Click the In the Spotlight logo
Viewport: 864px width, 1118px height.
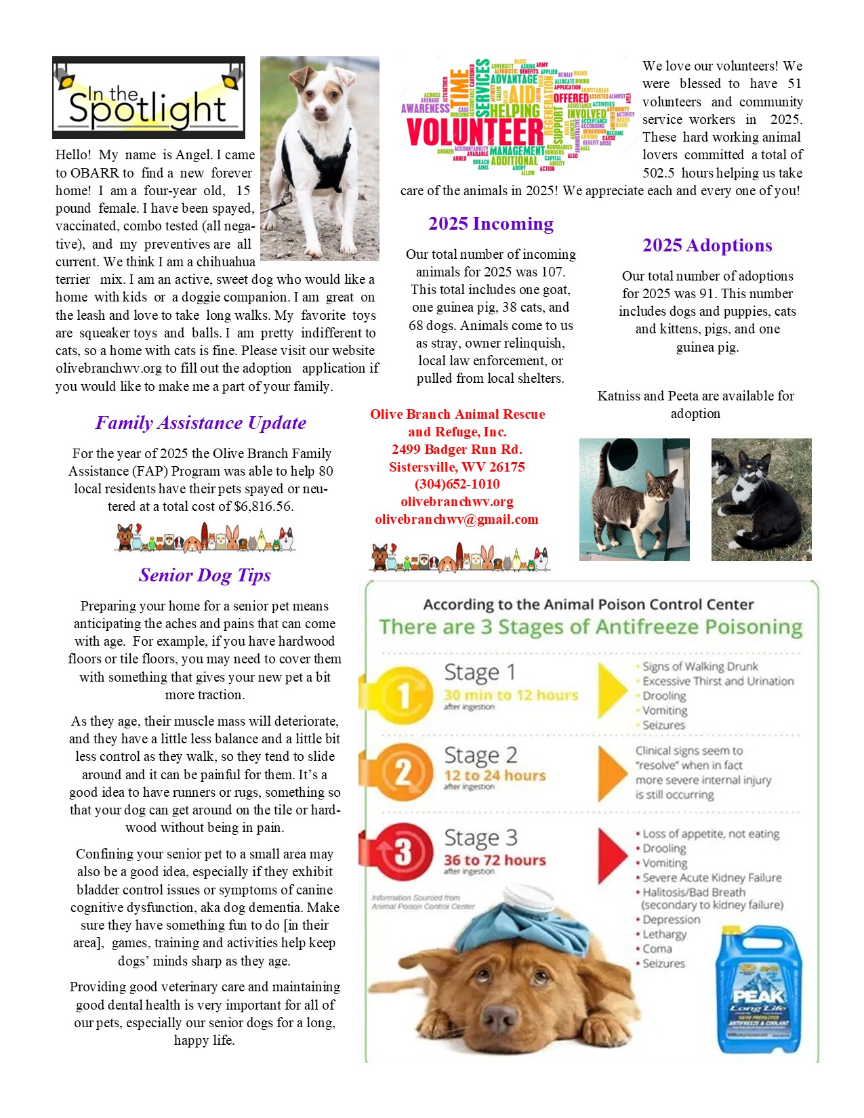(x=148, y=98)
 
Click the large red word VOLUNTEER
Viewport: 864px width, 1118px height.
(x=475, y=132)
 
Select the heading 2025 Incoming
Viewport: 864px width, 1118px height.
(x=491, y=224)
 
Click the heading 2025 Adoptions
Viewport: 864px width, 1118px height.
(x=707, y=245)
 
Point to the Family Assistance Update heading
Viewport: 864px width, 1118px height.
(x=201, y=423)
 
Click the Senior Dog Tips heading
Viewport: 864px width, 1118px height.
(x=205, y=575)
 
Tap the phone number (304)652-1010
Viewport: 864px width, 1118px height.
(x=457, y=484)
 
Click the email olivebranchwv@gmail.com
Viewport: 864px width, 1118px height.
(x=457, y=519)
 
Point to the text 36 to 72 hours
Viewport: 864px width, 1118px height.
(x=495, y=860)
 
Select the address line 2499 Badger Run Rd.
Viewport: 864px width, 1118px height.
(x=457, y=449)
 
